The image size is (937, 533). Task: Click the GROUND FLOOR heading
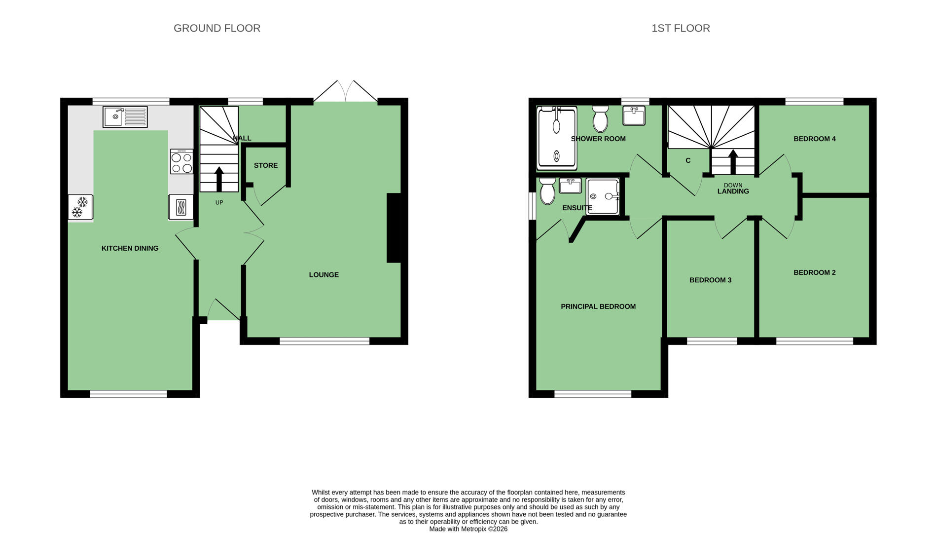click(217, 28)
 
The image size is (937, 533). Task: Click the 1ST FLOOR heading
click(681, 28)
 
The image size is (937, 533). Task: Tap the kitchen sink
click(125, 117)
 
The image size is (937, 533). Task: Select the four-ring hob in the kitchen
click(181, 162)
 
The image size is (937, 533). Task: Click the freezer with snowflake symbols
click(80, 207)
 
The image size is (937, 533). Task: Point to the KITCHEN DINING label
click(130, 248)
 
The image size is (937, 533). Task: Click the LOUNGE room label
click(324, 275)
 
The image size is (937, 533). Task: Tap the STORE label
click(266, 165)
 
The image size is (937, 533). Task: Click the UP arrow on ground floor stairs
click(219, 179)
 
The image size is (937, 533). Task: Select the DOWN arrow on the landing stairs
click(733, 162)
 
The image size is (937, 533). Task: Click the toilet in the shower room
click(600, 119)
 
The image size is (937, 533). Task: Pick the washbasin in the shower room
click(634, 116)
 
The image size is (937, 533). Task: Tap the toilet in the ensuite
click(547, 191)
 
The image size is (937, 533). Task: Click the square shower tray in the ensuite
click(603, 196)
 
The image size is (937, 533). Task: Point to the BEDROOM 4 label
click(814, 139)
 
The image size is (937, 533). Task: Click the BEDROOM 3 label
click(710, 280)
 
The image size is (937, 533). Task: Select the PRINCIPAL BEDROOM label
click(598, 306)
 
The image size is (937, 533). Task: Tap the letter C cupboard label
click(688, 160)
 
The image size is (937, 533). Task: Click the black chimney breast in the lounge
click(394, 228)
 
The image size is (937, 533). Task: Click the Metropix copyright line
click(468, 529)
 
